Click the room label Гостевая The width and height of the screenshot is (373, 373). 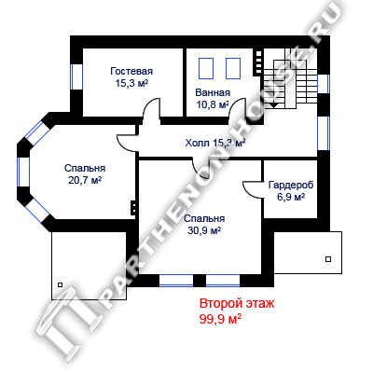[131, 71]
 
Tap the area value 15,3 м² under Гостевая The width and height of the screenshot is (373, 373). [131, 83]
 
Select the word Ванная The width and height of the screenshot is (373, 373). [213, 92]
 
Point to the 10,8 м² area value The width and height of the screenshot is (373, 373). [213, 104]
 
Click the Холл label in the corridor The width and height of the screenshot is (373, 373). [198, 143]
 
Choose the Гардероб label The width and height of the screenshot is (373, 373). [291, 185]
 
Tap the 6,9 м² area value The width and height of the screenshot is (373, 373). [291, 197]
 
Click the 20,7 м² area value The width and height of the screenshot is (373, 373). [85, 180]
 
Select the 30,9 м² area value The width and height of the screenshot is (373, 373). [204, 230]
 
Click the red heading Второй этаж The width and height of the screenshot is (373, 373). [237, 303]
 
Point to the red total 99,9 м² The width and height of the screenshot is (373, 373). [221, 319]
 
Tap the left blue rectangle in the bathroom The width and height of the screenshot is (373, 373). [206, 68]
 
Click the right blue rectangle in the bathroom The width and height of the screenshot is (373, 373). [233, 68]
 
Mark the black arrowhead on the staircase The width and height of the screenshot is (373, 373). [273, 105]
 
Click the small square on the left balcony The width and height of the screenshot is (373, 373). [60, 284]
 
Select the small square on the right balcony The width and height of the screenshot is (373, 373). [328, 259]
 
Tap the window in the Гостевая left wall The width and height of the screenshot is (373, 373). [76, 76]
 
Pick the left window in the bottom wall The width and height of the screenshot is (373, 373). [176, 281]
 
